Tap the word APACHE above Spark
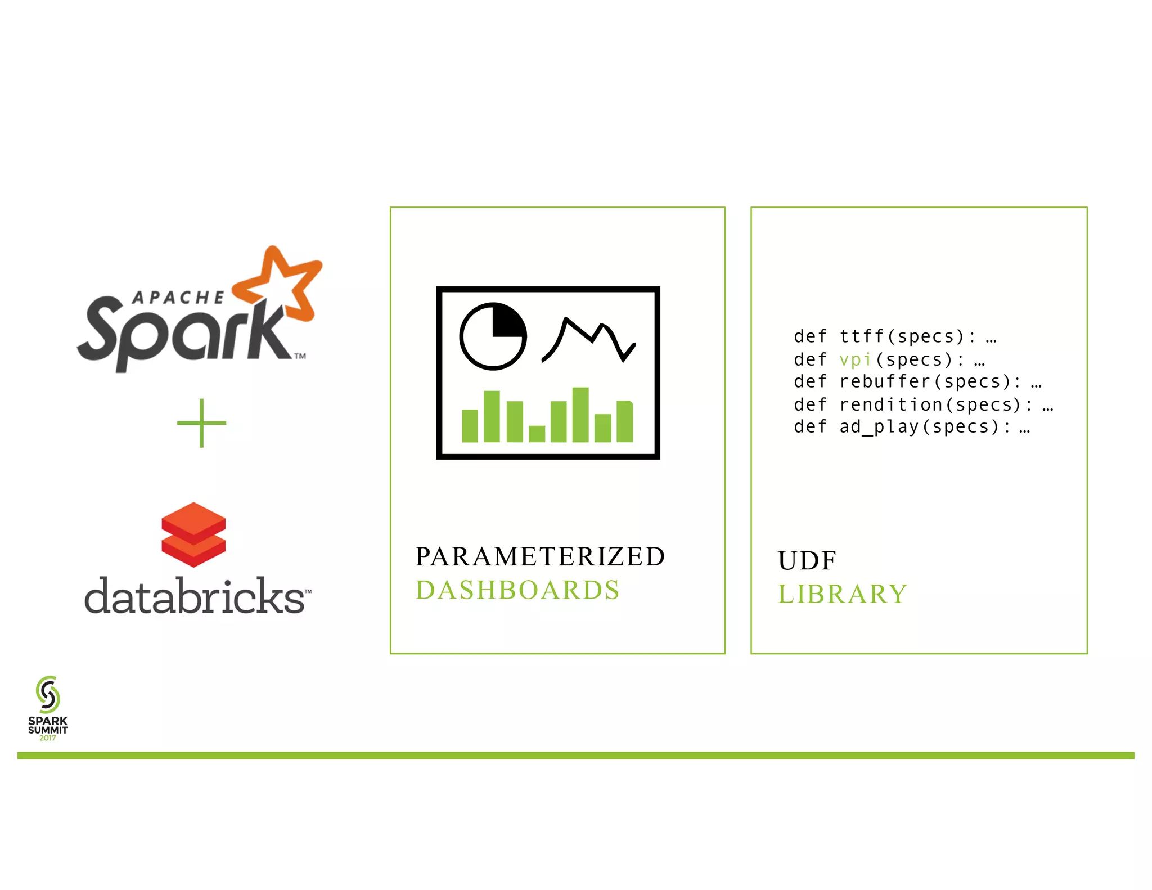178,298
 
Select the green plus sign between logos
201,423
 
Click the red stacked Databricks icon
193,534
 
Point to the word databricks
195,596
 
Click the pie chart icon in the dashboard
493,336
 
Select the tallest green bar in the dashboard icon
580,415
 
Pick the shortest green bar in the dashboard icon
537,434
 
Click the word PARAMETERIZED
540,556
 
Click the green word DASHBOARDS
517,590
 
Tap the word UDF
807,560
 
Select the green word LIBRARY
843,594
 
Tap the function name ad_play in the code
879,427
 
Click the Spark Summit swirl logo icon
48,694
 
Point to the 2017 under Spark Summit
48,738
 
